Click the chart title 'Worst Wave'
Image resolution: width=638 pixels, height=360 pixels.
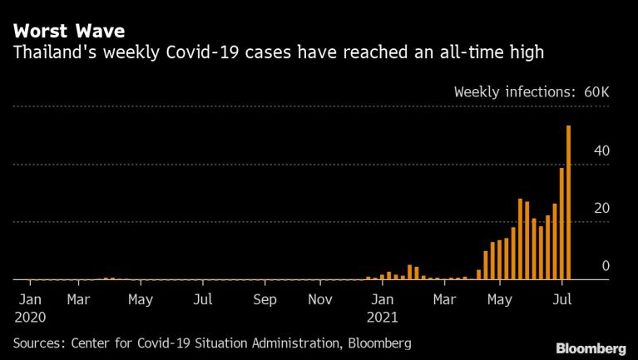[x=68, y=32]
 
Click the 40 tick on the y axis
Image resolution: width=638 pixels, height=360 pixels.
[x=601, y=150]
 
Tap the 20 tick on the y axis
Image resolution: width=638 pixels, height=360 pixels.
[x=601, y=208]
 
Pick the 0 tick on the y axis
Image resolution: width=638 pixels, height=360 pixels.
[x=606, y=266]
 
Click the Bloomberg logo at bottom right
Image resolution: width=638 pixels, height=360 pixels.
[x=591, y=347]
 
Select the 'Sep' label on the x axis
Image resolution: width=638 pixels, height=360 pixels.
[x=265, y=298]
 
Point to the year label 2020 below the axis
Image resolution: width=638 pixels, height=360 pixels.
[x=30, y=317]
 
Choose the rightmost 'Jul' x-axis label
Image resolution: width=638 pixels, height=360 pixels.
[x=562, y=298]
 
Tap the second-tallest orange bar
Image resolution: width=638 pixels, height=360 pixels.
[x=562, y=224]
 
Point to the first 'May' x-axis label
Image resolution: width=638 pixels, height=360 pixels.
[x=141, y=298]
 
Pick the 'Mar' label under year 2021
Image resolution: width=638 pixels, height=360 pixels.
[x=444, y=298]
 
